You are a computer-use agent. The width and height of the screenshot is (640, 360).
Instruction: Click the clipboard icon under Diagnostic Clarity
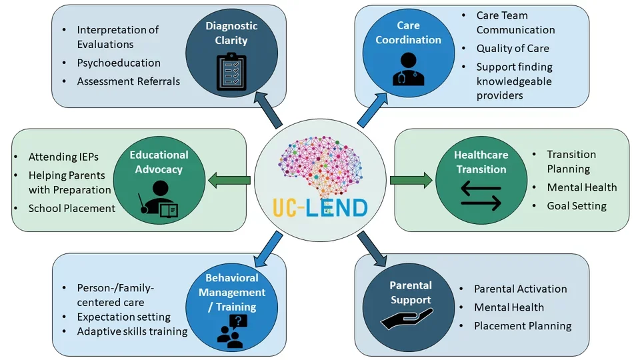click(x=231, y=71)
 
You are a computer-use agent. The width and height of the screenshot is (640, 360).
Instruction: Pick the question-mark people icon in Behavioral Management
click(x=231, y=331)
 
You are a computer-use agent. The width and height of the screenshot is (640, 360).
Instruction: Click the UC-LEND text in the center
click(x=321, y=207)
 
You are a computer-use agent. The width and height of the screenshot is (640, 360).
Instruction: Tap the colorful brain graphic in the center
click(x=320, y=164)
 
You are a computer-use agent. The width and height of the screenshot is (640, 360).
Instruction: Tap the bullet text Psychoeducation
click(x=118, y=63)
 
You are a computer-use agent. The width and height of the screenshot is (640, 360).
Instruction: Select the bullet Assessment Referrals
click(x=128, y=81)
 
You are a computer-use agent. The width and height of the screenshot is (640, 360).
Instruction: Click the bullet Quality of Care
click(x=513, y=48)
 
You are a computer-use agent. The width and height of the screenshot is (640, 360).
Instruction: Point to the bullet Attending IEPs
click(x=63, y=157)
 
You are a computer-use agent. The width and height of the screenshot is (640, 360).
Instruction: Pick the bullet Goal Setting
click(x=577, y=206)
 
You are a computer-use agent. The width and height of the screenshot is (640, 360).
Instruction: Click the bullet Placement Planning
click(x=523, y=326)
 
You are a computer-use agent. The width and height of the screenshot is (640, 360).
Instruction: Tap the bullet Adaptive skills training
click(x=132, y=331)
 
